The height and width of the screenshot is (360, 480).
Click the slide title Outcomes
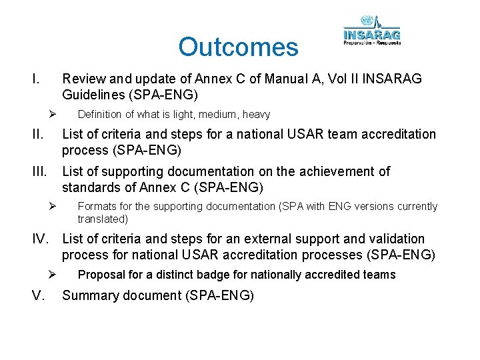coord(238,47)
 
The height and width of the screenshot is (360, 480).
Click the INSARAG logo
coord(371,31)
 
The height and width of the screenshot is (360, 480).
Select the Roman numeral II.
coord(37,135)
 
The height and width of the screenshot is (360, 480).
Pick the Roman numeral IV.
coord(43,239)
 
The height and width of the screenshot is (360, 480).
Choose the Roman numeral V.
coord(38,295)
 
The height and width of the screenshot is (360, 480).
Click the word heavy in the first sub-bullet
coord(256,115)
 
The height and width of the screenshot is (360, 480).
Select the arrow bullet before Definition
coord(51,114)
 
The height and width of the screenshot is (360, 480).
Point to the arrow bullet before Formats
coord(51,206)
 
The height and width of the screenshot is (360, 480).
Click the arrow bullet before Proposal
coord(51,274)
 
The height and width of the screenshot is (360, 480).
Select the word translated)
coord(103,219)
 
